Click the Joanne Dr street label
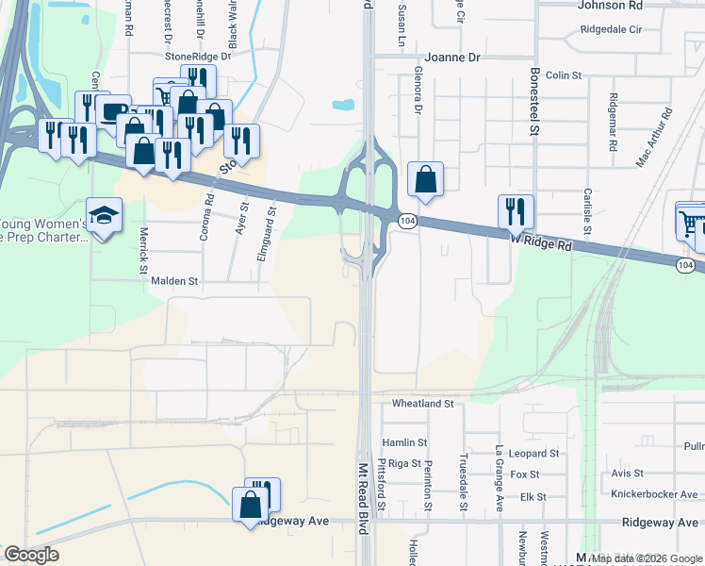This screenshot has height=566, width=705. pyautogui.click(x=452, y=58)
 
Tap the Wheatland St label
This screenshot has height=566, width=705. pyautogui.click(x=423, y=404)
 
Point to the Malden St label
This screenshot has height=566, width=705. pyautogui.click(x=174, y=281)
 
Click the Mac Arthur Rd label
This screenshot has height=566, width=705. pyautogui.click(x=654, y=138)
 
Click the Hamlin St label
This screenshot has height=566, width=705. pyautogui.click(x=404, y=441)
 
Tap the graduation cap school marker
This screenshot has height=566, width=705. pyautogui.click(x=104, y=212)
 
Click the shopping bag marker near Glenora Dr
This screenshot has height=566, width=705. pyautogui.click(x=425, y=177)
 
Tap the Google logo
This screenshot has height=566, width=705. pyautogui.click(x=32, y=555)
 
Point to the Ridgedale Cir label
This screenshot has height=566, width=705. pyautogui.click(x=611, y=29)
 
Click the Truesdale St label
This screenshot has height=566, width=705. pyautogui.click(x=464, y=481)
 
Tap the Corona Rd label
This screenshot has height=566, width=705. pyautogui.click(x=205, y=216)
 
